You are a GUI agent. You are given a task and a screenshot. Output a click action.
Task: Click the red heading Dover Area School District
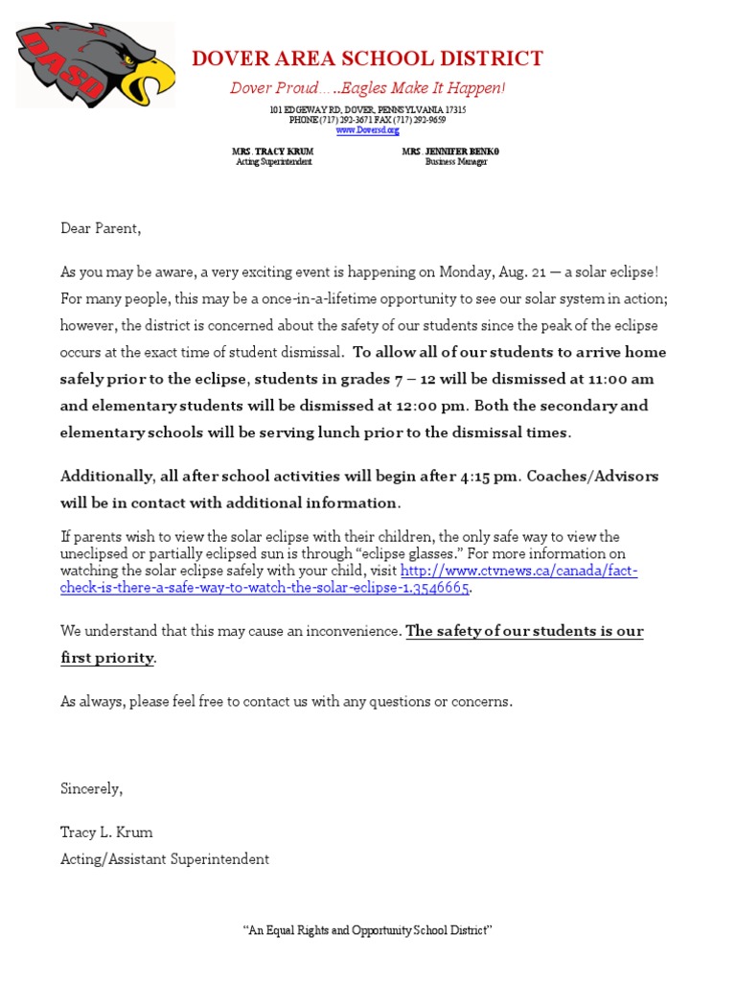(367, 58)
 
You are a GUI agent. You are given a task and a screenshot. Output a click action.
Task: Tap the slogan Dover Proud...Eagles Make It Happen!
(367, 88)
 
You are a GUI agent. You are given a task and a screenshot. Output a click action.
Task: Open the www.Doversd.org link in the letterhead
(367, 129)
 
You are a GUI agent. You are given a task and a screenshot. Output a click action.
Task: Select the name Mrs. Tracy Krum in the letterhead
(272, 152)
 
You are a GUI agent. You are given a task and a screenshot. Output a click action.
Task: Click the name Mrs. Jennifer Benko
(450, 152)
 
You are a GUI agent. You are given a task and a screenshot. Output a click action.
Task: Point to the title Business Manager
(456, 162)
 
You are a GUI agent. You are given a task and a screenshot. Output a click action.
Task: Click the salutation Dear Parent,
(101, 228)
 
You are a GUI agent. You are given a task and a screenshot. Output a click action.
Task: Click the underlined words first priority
(106, 658)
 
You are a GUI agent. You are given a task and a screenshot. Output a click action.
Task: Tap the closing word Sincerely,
(92, 788)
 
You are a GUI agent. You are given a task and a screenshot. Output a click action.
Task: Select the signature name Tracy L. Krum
(106, 831)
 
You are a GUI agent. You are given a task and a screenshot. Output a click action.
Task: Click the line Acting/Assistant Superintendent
(165, 858)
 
